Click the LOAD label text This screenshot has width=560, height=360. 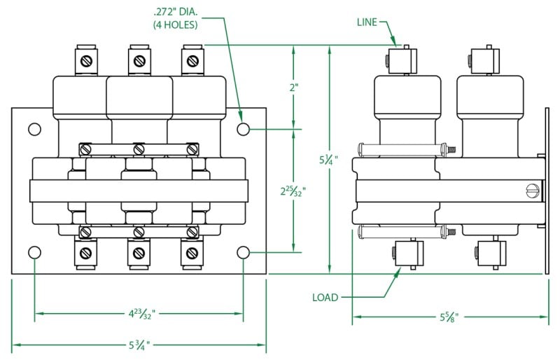325,298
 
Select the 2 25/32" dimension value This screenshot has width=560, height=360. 293,191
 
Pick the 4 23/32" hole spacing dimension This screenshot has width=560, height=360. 139,312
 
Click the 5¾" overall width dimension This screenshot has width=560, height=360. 139,345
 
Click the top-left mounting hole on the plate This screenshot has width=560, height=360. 34,130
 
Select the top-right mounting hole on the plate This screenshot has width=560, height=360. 243,130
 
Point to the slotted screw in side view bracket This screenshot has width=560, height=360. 532,190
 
